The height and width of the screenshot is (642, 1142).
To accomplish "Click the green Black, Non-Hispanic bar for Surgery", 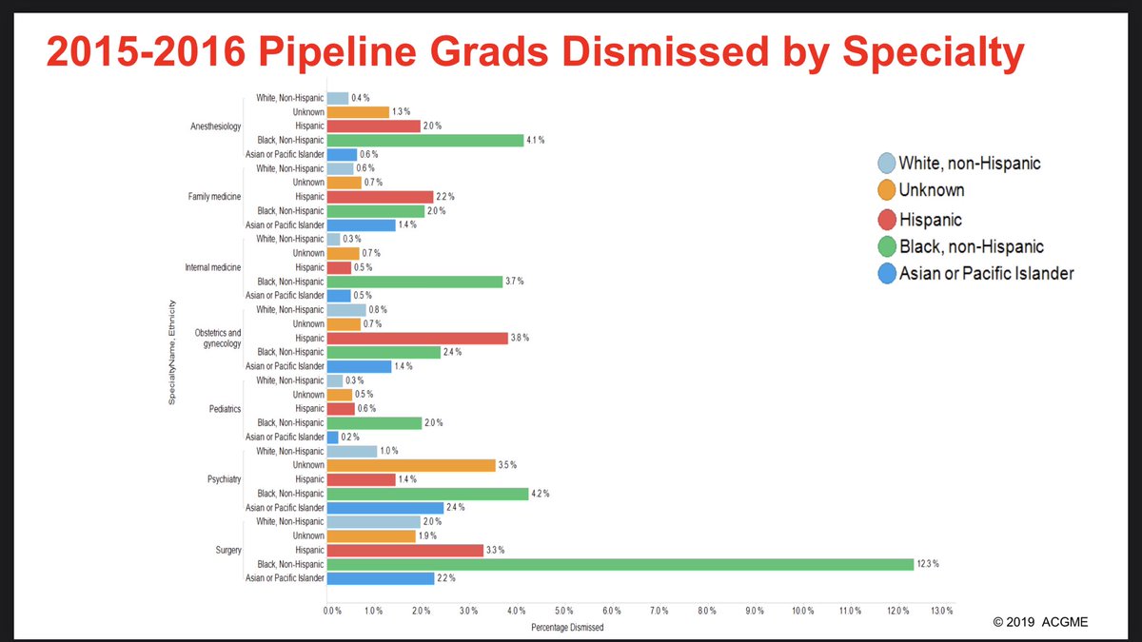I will pos(619,564).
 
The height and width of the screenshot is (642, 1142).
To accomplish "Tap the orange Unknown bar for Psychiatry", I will pos(411,465).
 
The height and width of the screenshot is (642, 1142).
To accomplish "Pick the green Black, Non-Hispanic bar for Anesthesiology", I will pos(424,140).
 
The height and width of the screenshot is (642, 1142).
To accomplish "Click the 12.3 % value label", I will pos(928,564).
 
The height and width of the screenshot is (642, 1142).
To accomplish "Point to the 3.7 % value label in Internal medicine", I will pos(515,282).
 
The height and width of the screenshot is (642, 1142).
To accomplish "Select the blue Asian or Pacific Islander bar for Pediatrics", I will pos(332,437).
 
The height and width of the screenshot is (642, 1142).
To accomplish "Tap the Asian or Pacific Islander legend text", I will pos(986,274).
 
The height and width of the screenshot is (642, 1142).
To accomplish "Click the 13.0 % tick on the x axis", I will pos(941,610).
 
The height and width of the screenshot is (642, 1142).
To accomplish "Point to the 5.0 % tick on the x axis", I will pos(563,610).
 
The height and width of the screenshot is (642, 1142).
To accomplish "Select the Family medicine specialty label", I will pos(214,197).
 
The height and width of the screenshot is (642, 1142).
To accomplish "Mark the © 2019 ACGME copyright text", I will pos(1041,621).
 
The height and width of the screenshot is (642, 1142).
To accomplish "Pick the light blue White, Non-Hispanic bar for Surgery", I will pos(373,521).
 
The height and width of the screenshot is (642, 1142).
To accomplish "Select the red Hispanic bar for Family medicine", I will pos(379,197).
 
